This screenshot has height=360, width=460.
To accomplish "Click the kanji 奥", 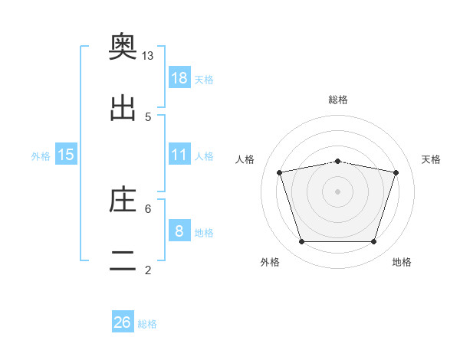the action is [123, 46].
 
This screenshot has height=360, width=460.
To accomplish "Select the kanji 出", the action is [123, 108].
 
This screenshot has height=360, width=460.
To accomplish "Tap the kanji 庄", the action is [123, 199].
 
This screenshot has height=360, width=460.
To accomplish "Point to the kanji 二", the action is [123, 260].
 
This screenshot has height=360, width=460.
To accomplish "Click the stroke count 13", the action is [147, 56].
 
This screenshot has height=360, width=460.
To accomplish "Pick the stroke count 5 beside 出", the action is [148, 117].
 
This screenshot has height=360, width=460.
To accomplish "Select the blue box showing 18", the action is [179, 77].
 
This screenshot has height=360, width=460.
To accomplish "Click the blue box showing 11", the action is [179, 154].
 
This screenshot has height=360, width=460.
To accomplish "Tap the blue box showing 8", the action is [179, 230].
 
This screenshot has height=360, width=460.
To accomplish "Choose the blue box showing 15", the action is [66, 154].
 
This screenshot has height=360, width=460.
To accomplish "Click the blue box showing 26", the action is [123, 321].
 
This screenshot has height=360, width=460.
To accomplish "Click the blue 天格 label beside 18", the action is [204, 80].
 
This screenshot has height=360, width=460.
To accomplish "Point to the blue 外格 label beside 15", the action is [41, 156].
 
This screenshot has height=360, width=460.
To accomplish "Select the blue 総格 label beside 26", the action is [147, 324].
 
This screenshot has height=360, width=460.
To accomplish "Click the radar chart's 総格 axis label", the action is [337, 100].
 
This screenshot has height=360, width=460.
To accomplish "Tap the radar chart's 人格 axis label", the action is [245, 159].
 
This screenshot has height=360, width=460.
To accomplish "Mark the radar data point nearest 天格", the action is [396, 172].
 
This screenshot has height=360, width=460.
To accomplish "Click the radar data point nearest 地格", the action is [373, 241].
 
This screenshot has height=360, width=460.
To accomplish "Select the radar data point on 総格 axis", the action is [337, 162].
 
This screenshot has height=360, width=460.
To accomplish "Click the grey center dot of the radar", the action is [337, 191].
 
